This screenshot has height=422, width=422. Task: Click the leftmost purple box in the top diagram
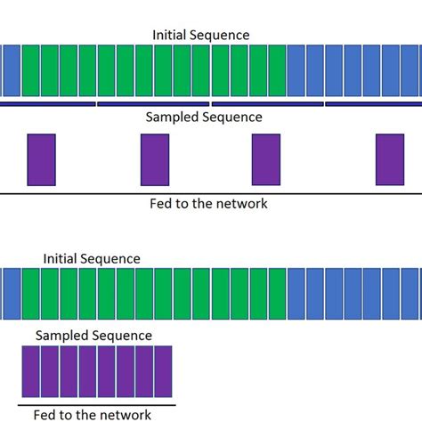pyautogui.click(x=41, y=159)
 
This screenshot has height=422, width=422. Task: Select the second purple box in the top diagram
pyautogui.click(x=154, y=159)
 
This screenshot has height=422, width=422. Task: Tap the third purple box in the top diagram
pyautogui.click(x=266, y=159)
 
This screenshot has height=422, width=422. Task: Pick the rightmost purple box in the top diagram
pyautogui.click(x=389, y=159)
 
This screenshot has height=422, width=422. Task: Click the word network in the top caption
pyautogui.click(x=239, y=203)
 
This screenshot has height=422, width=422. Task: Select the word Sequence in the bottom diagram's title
pyautogui.click(x=110, y=258)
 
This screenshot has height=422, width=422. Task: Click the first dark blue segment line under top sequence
pyautogui.click(x=46, y=104)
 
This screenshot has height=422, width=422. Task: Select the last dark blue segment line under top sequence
pyautogui.click(x=373, y=104)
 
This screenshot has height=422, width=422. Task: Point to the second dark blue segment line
pyautogui.click(x=152, y=104)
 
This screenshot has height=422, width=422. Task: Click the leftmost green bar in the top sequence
pyautogui.click(x=30, y=70)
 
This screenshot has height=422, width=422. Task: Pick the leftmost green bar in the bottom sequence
pyautogui.click(x=30, y=294)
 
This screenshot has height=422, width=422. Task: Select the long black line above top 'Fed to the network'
pyautogui.click(x=211, y=193)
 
